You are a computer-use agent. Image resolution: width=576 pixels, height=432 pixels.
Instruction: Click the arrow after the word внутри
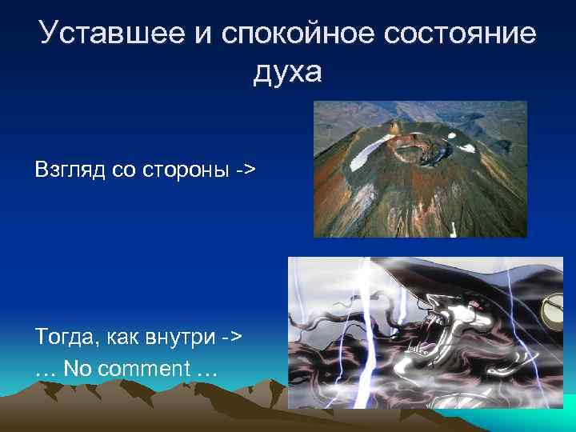pyautogui.click(x=232, y=336)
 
